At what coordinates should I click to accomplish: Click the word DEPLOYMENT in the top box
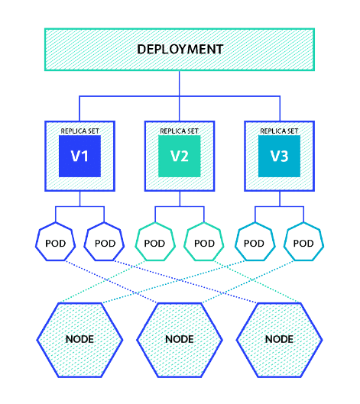(x=180, y=50)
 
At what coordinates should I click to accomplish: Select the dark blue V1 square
(x=80, y=158)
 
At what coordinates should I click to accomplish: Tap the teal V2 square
(x=180, y=158)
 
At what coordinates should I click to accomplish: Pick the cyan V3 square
(x=280, y=158)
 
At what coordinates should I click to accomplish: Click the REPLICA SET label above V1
(x=80, y=131)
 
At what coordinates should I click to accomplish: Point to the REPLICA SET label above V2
(x=180, y=131)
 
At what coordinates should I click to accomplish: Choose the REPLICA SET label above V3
(x=280, y=131)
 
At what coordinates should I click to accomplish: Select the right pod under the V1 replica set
(x=105, y=243)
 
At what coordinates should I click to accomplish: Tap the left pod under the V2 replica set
(x=155, y=243)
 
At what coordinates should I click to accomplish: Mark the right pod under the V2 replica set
(x=204, y=243)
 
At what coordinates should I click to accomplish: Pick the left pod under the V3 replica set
(x=255, y=243)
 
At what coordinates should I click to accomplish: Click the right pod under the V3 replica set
(x=304, y=243)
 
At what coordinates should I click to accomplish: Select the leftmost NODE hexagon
(x=79, y=338)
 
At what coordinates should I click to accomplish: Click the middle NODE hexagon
(x=180, y=338)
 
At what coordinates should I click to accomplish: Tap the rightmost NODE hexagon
(x=280, y=338)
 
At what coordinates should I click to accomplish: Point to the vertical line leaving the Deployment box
(x=180, y=84)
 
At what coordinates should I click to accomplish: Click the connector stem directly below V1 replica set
(x=80, y=200)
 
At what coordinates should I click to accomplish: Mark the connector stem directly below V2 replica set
(x=180, y=200)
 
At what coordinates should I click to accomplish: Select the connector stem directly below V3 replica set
(x=280, y=200)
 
